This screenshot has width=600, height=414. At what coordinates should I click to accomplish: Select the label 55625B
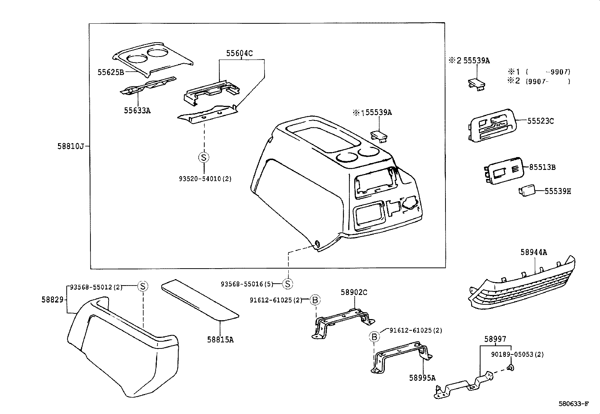coord(111,72)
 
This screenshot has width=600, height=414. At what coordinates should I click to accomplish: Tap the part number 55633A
coord(137,111)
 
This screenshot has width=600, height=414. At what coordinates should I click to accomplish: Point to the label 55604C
coord(239,53)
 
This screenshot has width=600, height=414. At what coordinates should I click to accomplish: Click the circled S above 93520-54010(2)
coord(204,157)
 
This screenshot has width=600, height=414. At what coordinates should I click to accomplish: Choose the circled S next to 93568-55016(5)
coord(288,284)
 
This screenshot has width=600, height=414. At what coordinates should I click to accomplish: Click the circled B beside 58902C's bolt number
coord(315,300)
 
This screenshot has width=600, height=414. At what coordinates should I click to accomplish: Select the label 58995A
coord(422,377)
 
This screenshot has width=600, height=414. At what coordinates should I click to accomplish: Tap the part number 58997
coord(495,339)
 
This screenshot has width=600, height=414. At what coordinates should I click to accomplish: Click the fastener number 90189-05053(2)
coord(517,354)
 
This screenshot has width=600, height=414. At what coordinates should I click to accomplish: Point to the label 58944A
coord(533,252)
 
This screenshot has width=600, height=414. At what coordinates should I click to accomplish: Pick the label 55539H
coord(558,191)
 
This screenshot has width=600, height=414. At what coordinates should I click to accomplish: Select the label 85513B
coord(542,167)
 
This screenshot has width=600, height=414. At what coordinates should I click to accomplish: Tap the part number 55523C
coord(540,121)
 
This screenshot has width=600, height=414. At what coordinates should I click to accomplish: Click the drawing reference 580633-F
coord(573,404)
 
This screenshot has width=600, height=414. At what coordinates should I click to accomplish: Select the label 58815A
coord(220,339)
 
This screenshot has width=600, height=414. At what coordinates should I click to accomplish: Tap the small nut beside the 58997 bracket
coord(510,368)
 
